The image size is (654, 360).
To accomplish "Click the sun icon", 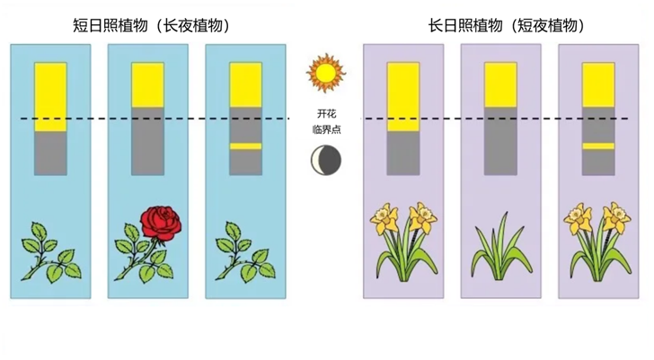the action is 326,73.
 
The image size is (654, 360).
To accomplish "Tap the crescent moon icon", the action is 326,160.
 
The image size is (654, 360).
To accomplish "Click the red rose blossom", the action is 161,224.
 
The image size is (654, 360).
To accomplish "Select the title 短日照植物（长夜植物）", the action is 152,26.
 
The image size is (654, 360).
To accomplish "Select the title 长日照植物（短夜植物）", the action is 507,26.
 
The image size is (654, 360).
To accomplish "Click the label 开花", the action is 326,113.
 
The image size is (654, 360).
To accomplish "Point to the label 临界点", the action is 326,129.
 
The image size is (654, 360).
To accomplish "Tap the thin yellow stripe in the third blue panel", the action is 245,146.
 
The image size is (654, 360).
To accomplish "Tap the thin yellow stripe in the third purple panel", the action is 598,146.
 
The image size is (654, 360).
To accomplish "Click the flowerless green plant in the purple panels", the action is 501,249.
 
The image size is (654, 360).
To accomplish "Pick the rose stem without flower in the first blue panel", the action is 51,253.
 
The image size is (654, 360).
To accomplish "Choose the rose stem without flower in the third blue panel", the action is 245,253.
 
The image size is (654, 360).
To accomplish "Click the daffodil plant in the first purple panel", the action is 403,242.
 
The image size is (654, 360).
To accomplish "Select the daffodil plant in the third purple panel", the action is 597,242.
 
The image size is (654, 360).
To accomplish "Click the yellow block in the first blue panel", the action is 50,97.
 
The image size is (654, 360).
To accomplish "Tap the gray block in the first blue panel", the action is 50,154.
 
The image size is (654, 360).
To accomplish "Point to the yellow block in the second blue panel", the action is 147,85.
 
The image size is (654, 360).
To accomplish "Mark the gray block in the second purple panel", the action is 500,141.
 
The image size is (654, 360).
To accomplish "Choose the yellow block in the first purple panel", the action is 403,97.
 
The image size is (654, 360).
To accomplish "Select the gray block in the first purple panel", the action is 403,154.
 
